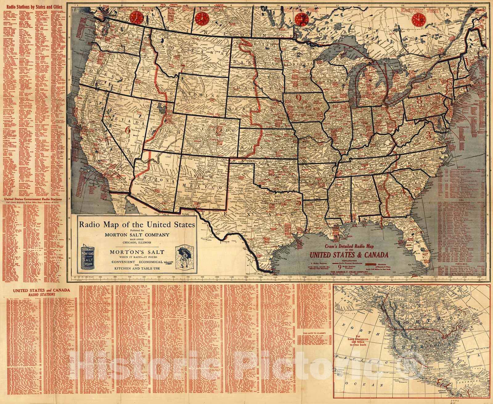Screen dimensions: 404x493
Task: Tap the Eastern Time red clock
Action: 418,20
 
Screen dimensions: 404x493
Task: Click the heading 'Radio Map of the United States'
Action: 137,223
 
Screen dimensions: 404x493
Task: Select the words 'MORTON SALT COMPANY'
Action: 137,235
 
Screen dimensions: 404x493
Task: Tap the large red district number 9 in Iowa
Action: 298,98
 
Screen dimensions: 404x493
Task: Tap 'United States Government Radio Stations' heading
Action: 33,199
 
